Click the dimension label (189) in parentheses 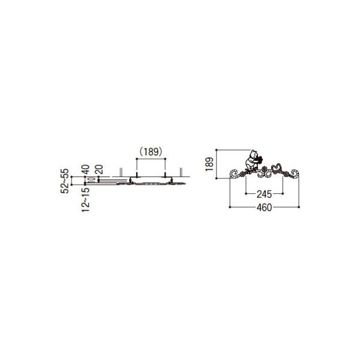coord(150,152)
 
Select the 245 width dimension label coord(264,194)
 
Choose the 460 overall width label coord(264,208)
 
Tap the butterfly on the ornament coord(277,166)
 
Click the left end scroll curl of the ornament coord(235,174)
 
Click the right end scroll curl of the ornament coord(295,174)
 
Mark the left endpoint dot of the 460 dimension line coord(230,206)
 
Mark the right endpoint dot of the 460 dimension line coord(299,206)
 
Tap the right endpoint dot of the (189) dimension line coord(164,159)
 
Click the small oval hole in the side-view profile coord(90,179)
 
